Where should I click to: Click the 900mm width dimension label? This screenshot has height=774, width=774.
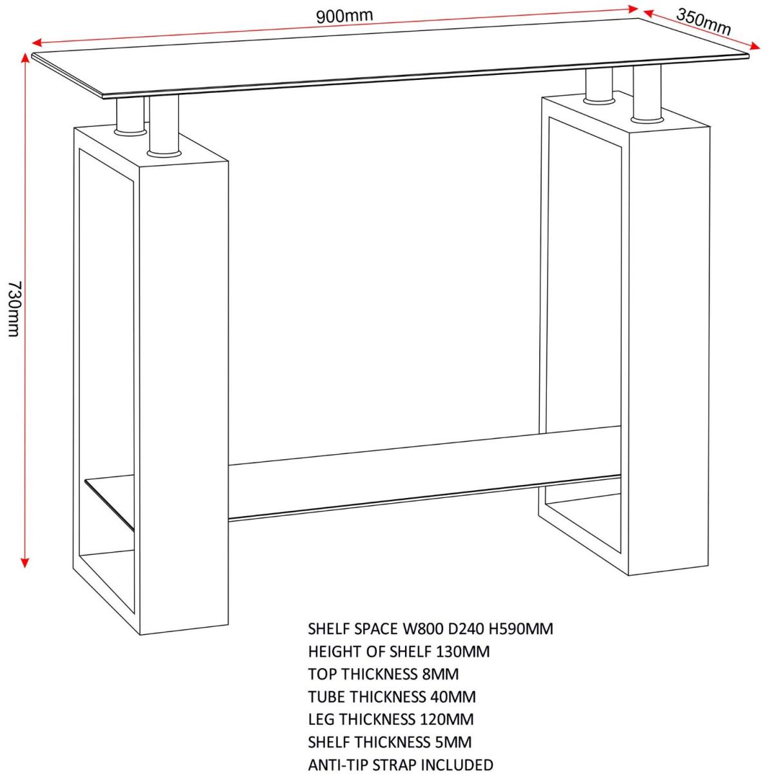[344, 16]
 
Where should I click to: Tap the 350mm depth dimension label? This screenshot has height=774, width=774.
[703, 22]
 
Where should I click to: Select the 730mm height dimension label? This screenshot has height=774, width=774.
[14, 310]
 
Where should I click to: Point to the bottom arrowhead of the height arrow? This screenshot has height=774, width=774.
[25, 562]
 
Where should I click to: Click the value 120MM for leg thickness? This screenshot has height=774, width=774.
[446, 719]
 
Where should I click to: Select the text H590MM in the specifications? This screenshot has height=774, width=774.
[521, 629]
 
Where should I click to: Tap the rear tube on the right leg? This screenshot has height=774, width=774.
[599, 86]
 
